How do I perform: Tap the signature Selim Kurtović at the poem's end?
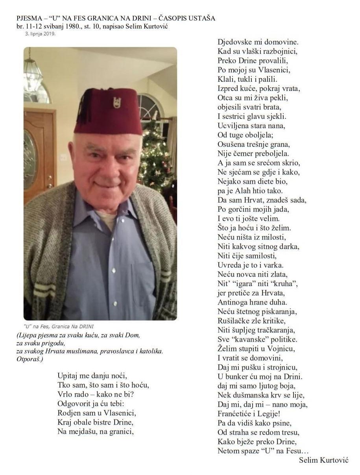click(323, 460)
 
